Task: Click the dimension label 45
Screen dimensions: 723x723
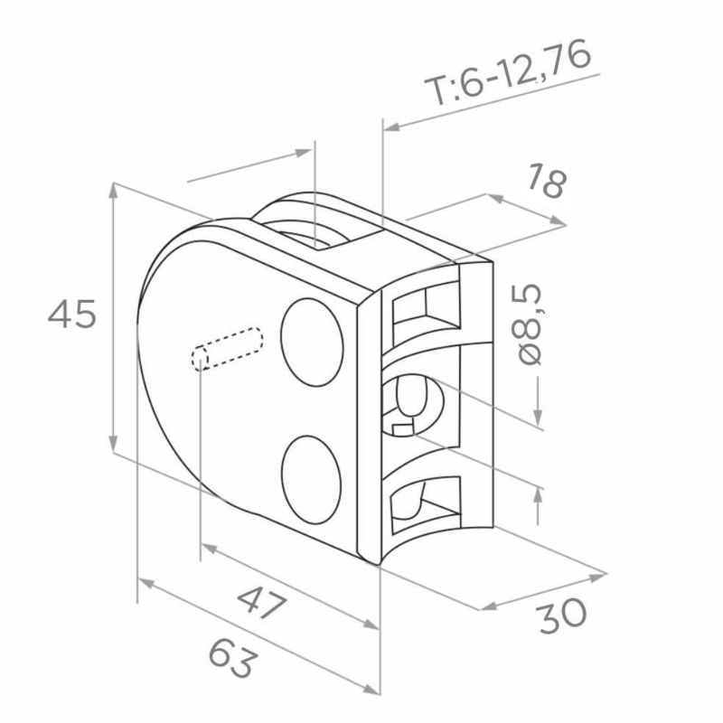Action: (x=72, y=314)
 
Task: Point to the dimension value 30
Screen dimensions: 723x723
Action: (x=562, y=616)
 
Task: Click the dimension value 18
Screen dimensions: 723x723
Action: (x=547, y=181)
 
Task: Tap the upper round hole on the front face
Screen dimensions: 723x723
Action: (x=312, y=343)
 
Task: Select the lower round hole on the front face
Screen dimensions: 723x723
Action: (x=311, y=480)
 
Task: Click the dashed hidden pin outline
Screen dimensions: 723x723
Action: (x=227, y=349)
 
